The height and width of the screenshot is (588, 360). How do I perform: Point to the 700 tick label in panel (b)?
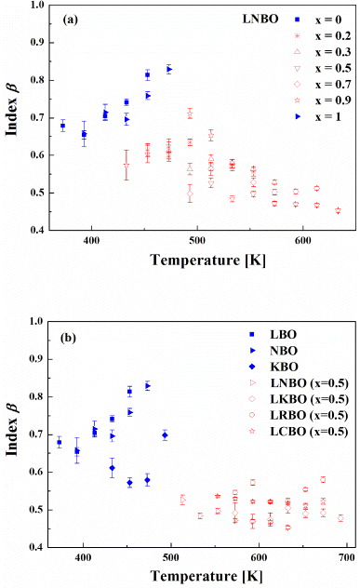[345, 561]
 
